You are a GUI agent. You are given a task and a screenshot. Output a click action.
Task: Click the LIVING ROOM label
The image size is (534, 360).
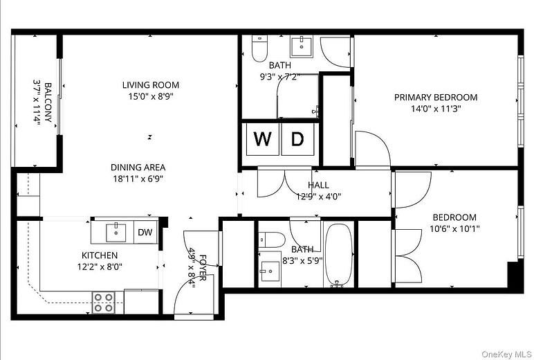pos(147,85)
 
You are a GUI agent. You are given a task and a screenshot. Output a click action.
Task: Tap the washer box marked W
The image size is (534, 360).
pos(262,139)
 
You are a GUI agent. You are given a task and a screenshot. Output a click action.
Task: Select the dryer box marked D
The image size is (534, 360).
pos(297,139)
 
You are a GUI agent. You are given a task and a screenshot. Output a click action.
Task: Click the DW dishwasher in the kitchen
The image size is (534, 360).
pos(145,233)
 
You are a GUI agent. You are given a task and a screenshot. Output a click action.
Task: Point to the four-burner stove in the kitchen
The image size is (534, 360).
pos(104,302)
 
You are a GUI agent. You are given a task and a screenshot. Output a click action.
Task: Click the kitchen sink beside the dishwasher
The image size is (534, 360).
pos(116,231)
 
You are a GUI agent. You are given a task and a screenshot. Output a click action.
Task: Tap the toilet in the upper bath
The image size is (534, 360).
pos(259,49)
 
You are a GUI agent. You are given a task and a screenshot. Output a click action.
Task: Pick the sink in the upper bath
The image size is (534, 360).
pos(301,46)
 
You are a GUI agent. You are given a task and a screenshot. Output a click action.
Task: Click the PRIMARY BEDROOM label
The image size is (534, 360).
pos(436,98)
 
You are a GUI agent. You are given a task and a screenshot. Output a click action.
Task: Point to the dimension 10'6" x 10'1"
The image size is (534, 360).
pos(454,228)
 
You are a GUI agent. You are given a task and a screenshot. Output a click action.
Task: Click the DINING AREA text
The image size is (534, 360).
pos(138,167)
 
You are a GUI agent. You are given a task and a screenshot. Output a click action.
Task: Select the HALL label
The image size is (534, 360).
pos(318,185)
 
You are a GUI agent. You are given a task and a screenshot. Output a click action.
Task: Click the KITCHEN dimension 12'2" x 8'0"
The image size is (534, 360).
pos(100,267)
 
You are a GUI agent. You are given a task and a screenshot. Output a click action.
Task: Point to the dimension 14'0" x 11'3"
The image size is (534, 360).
pos(436,109)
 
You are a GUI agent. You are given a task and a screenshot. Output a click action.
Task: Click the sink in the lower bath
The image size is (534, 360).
pos(268,269)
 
